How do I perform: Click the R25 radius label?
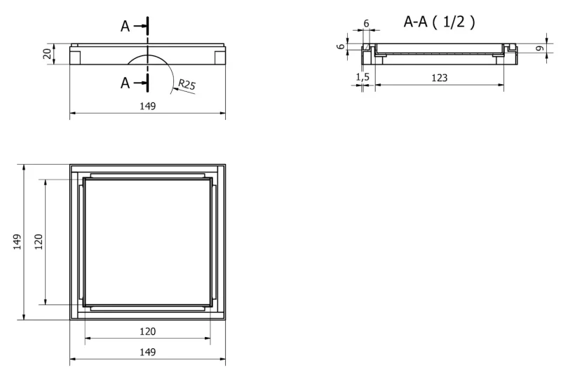[187, 84]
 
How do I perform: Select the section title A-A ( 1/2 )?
[440, 22]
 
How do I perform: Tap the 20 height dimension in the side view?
[47, 54]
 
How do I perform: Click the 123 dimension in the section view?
[440, 78]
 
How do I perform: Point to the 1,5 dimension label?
[363, 77]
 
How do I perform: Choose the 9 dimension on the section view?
[540, 48]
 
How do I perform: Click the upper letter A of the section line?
[125, 26]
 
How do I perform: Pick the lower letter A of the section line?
[125, 83]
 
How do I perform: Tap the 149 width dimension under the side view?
[148, 106]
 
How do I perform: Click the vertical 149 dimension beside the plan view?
[17, 242]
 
